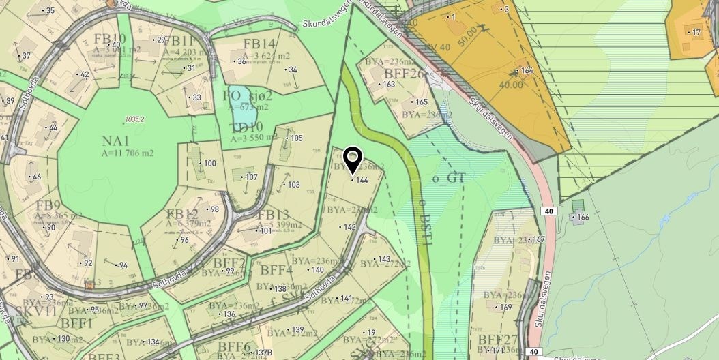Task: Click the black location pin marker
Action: (x=352, y=160)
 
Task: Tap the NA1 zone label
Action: (x=116, y=141)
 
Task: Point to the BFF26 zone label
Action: (x=405, y=73)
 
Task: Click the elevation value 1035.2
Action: (x=134, y=119)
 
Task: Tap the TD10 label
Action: (x=248, y=126)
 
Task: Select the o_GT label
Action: (x=448, y=179)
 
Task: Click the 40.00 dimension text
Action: (x=511, y=85)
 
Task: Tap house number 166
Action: (x=582, y=217)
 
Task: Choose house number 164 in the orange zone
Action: (x=526, y=70)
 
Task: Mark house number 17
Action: (x=696, y=32)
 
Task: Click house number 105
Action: (x=296, y=138)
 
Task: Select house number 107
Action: (x=252, y=177)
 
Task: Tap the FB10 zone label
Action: (x=110, y=38)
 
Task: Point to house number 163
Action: (x=389, y=85)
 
